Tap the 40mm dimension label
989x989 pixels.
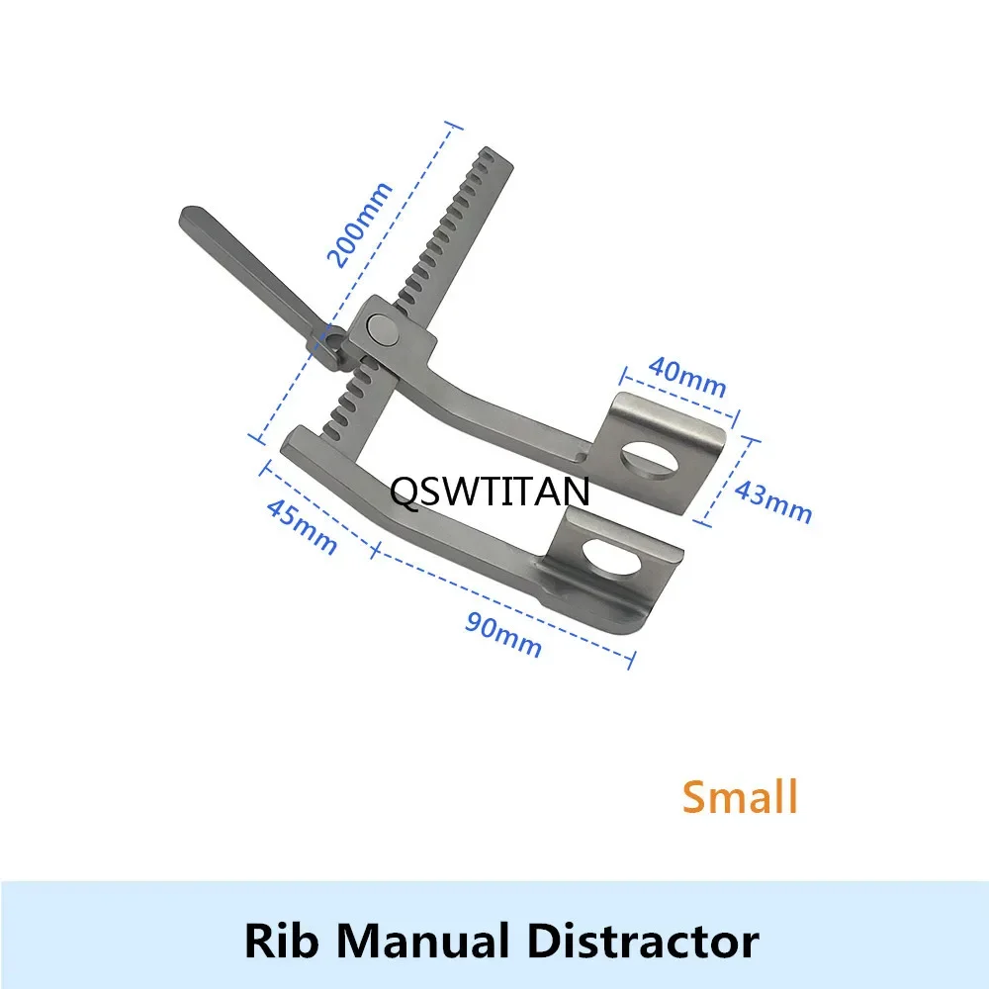pyautogui.click(x=687, y=377)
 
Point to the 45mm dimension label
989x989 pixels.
pyautogui.click(x=302, y=527)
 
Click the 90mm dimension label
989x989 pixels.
pyautogui.click(x=503, y=635)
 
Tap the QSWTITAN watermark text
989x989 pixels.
pyautogui.click(x=491, y=492)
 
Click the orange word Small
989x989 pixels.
pyautogui.click(x=740, y=796)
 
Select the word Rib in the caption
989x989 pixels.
pyautogui.click(x=279, y=941)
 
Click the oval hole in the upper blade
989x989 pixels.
pyautogui.click(x=650, y=461)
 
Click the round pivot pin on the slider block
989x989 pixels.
pyautogui.click(x=382, y=330)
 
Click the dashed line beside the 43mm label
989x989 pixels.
pyautogui.click(x=726, y=480)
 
